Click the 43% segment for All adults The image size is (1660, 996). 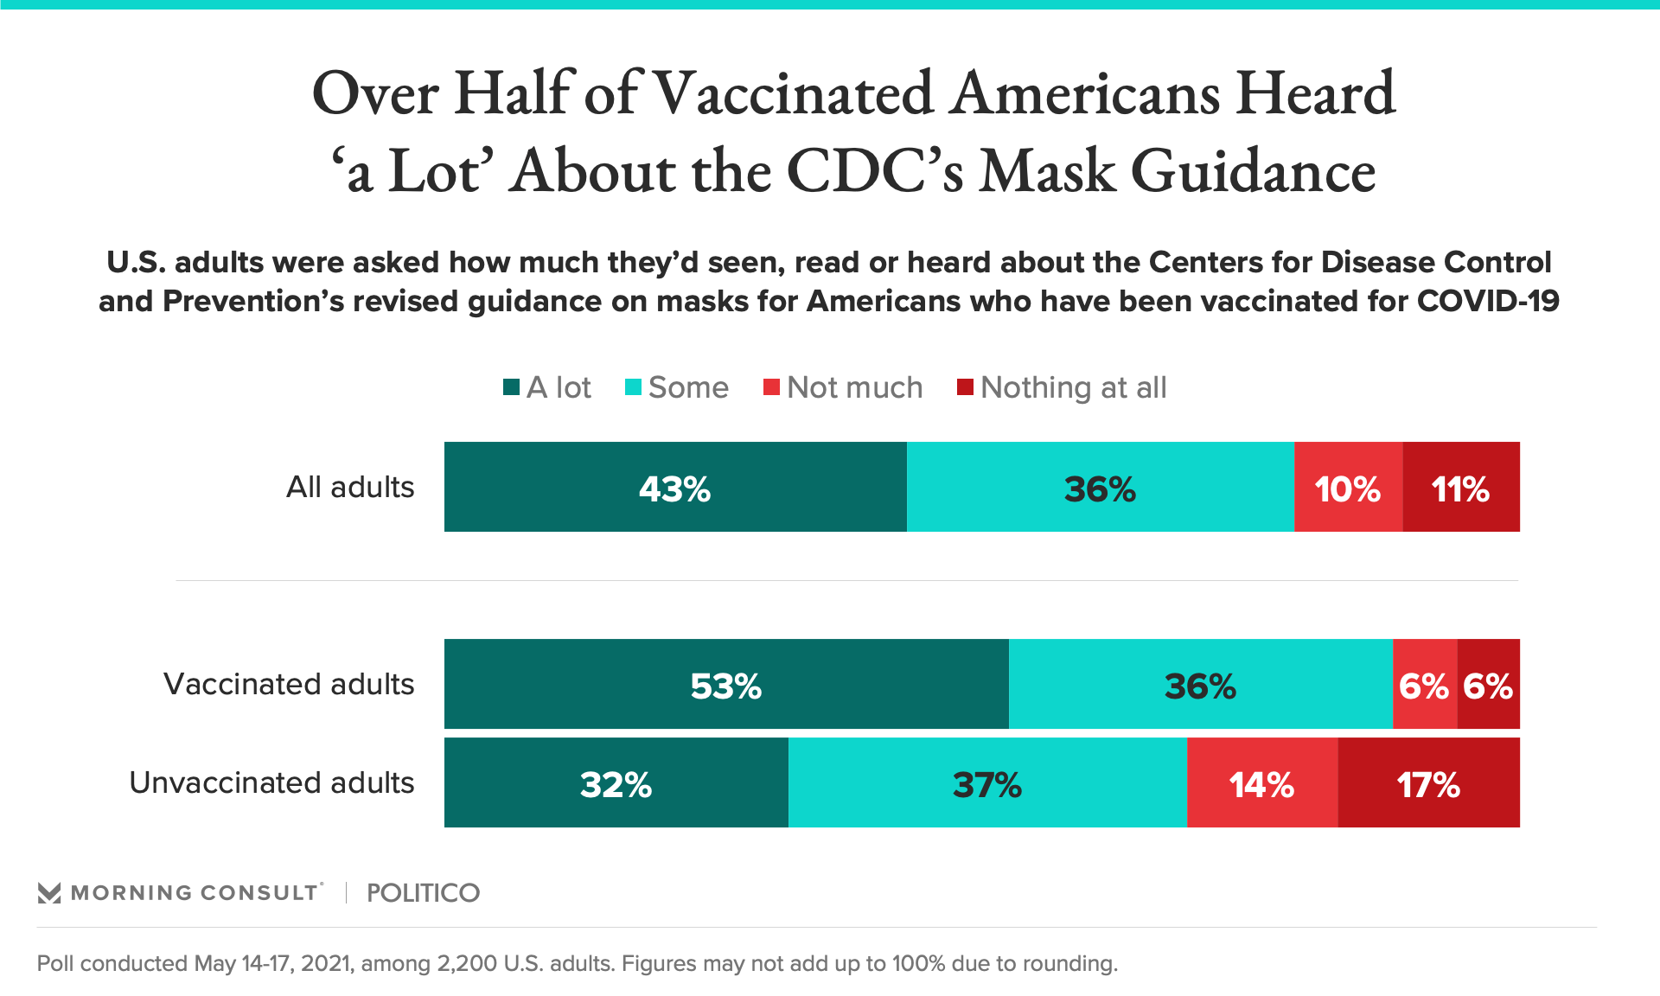point(675,488)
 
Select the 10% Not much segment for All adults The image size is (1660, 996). point(1348,488)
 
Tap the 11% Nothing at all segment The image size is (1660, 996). point(1461,488)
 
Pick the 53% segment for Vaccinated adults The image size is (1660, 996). point(726,685)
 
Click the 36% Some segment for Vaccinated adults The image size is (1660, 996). point(1200,685)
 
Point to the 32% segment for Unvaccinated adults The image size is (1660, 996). point(616,783)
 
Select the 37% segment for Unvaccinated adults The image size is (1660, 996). point(987,783)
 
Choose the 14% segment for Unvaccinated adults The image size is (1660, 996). point(1262,783)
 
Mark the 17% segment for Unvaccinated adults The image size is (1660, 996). point(1428,783)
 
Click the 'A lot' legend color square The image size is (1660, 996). point(511,387)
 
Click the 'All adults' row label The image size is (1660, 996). point(350,488)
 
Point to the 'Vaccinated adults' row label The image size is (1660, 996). point(289,685)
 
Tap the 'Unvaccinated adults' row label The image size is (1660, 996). point(271,783)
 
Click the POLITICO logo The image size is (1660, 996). point(423,893)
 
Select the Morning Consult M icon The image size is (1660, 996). point(49,893)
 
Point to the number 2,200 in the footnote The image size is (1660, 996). point(467,963)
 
